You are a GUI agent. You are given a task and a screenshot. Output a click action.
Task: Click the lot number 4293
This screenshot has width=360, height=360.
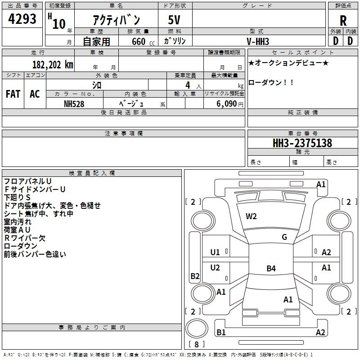[x=22, y=19]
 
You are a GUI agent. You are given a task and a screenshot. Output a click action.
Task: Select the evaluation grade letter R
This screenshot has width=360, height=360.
[x=343, y=21]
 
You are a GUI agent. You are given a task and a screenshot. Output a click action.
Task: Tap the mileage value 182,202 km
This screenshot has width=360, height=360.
[x=53, y=65]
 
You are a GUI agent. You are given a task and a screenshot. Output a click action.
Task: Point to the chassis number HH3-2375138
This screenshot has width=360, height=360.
[x=302, y=143]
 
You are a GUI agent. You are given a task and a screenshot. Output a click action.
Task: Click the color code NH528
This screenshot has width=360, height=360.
[x=74, y=104]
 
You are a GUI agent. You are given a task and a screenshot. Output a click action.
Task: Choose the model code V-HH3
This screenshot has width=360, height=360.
[x=257, y=41]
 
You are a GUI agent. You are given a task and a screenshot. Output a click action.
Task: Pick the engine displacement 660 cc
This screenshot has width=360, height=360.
[x=143, y=41]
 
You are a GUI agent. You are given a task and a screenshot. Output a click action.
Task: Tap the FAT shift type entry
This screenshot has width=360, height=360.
[x=13, y=94]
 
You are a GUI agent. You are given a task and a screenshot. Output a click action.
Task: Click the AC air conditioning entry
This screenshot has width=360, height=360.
[x=35, y=94]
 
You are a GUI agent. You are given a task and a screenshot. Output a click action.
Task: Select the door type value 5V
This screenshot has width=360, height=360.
[x=174, y=20]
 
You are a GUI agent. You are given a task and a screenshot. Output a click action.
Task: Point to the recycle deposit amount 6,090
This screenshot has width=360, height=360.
[x=226, y=104]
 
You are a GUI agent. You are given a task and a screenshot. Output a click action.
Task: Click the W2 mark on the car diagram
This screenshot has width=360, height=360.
[x=251, y=216]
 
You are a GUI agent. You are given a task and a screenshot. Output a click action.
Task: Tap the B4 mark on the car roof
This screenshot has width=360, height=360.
[x=271, y=268]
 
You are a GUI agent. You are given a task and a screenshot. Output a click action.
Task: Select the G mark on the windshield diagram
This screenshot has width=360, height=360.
[x=284, y=237]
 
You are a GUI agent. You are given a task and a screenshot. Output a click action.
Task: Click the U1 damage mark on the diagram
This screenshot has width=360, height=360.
[x=215, y=252]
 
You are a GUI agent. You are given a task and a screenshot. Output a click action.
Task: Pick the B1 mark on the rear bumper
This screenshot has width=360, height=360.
[x=221, y=332]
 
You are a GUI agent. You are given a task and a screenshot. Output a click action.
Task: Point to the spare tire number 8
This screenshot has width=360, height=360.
[x=197, y=344]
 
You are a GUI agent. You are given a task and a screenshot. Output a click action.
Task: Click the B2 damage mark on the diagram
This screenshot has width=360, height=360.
[x=195, y=276]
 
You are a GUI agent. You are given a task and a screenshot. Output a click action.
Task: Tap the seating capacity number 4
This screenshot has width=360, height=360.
[x=188, y=85]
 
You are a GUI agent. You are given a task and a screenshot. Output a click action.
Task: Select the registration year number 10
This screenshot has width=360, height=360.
[x=59, y=24]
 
